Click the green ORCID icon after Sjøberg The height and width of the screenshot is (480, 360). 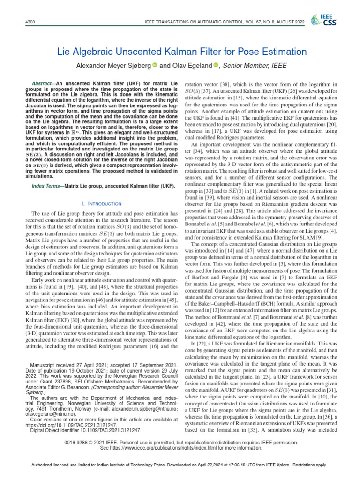click(154, 65)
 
